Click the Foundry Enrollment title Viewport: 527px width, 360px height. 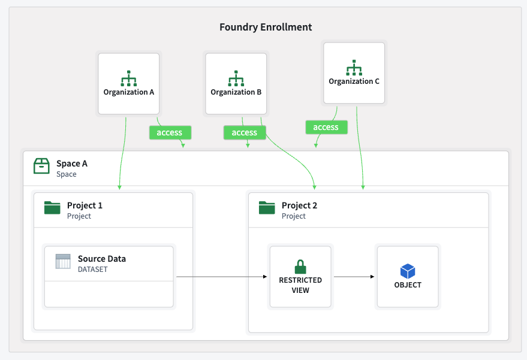(266, 27)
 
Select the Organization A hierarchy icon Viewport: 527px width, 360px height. (129, 78)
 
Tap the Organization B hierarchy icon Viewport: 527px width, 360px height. (236, 78)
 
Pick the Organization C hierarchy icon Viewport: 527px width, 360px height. (354, 67)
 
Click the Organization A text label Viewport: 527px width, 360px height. (129, 92)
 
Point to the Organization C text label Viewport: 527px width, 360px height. (354, 81)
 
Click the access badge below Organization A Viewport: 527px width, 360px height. (170, 132)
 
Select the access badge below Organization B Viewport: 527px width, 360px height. (244, 132)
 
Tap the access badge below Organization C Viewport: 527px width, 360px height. (326, 127)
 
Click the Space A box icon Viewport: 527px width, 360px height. (41, 166)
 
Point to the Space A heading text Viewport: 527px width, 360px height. (72, 164)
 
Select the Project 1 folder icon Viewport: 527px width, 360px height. (53, 208)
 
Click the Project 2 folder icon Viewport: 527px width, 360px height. (267, 208)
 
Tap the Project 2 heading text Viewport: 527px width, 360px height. (299, 205)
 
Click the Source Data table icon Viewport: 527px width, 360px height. (63, 261)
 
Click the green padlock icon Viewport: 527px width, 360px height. (300, 267)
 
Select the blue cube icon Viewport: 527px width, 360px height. (408, 271)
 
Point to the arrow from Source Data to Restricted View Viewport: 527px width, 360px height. (221, 277)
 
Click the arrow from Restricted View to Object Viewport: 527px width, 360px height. (354, 277)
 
